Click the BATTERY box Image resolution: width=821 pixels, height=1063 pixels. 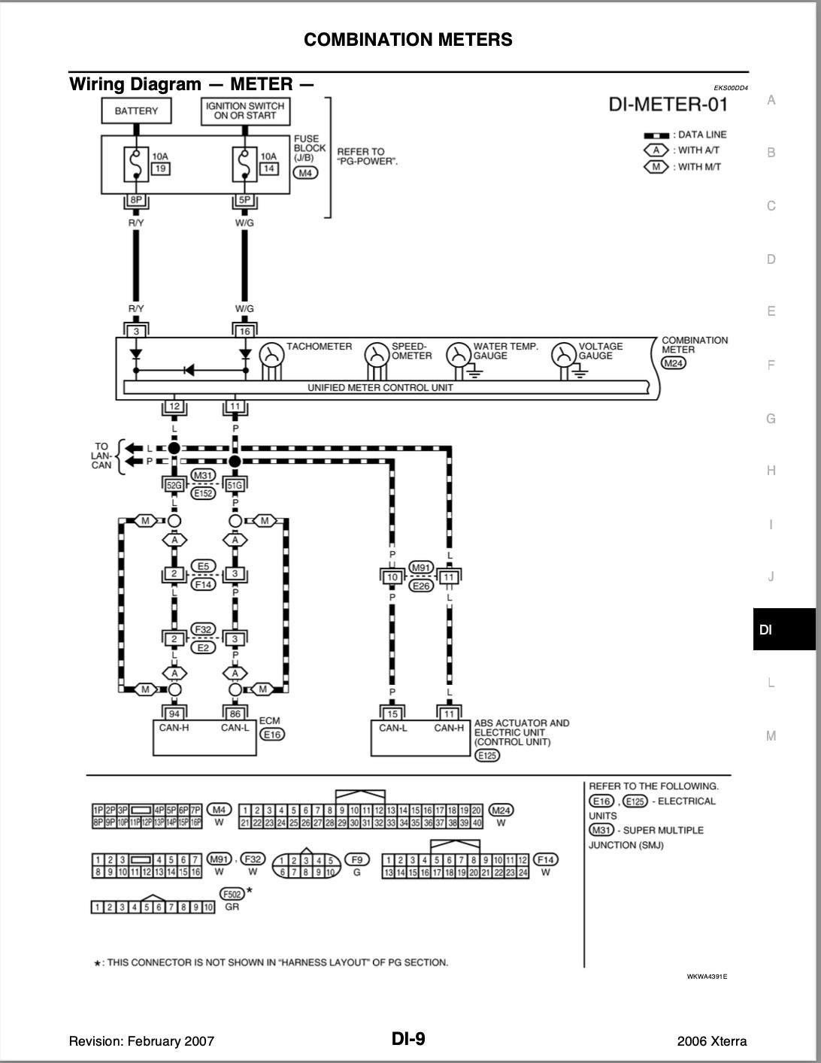pos(136,111)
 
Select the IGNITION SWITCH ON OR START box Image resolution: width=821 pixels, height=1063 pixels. pos(245,111)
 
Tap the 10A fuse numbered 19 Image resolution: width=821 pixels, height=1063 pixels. pos(136,165)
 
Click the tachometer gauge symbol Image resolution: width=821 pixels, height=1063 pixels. pos(271,355)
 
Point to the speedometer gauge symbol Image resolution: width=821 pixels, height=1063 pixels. pos(377,355)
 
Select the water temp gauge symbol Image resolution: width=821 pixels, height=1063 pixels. pos(458,355)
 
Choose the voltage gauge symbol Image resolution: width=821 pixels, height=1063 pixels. pos(563,355)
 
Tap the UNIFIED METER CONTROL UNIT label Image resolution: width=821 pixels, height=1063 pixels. pos(380,388)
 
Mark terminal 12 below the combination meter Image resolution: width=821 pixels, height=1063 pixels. pos(174,407)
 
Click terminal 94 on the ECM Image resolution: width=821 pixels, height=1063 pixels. pos(174,713)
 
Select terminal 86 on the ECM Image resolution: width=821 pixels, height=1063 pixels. pos(235,713)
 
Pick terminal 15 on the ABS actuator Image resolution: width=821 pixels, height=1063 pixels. pos(392,713)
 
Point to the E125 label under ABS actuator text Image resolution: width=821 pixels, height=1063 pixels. pos(487,755)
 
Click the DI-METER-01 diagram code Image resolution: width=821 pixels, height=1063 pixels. pos(668,104)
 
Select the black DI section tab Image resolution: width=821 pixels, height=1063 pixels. pos(783,629)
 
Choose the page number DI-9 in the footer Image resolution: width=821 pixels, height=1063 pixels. pos(408,1039)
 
